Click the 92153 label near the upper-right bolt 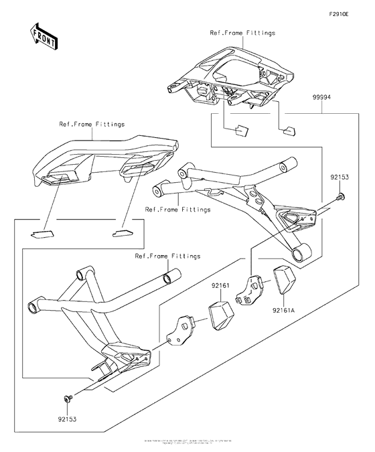pyautogui.click(x=340, y=179)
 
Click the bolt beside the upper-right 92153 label pyautogui.click(x=341, y=196)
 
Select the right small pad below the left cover pyautogui.click(x=123, y=234)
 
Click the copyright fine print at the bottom pyautogui.click(x=187, y=443)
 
